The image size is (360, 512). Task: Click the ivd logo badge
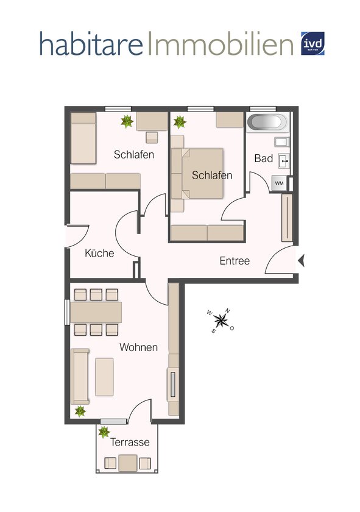[312, 44]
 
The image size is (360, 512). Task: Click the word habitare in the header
[92, 44]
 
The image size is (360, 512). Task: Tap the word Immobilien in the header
[221, 44]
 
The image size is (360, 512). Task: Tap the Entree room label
[235, 261]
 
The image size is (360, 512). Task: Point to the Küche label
[99, 253]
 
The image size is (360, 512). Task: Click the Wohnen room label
[138, 347]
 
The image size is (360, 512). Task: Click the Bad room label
[263, 158]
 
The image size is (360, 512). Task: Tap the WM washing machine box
[279, 183]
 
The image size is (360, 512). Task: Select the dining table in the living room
[96, 312]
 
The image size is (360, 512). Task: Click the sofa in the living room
[80, 377]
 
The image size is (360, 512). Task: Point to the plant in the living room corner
[80, 411]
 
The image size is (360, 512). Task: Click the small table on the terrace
[128, 463]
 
